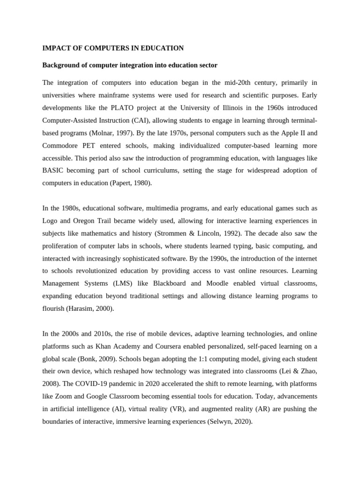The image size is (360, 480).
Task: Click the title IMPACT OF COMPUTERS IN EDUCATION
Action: click(113, 48)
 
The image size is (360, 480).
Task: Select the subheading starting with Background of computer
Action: click(130, 65)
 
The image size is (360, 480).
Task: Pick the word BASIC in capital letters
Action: click(54, 171)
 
